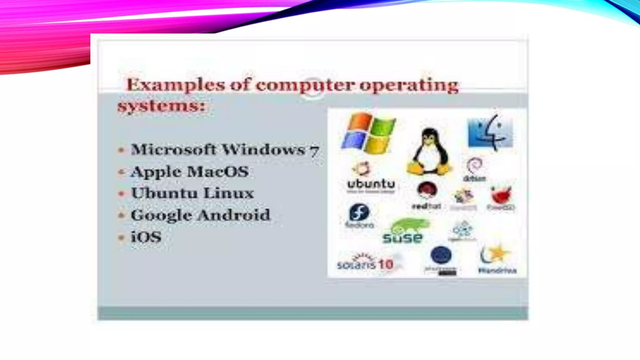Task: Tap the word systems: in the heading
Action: click(161, 106)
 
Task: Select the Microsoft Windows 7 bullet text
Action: click(225, 150)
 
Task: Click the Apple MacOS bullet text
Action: click(190, 172)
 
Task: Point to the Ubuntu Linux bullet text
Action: click(192, 193)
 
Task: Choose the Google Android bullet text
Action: click(200, 215)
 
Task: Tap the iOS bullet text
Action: click(146, 237)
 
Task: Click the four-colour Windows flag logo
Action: click(369, 133)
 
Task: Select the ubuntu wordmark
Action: click(371, 184)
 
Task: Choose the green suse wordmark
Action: click(402, 238)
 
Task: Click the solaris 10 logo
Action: click(365, 264)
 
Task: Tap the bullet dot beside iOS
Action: click(122, 237)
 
